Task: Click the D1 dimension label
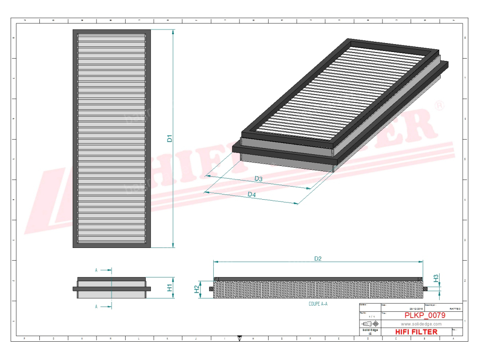[x=170, y=139]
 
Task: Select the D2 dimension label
[x=318, y=258]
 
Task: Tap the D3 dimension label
[x=258, y=179]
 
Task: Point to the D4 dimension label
[x=252, y=195]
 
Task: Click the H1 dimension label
[x=170, y=287]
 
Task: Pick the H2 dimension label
[x=197, y=290]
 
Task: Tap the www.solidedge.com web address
[x=421, y=324]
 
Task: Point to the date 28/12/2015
[x=416, y=309]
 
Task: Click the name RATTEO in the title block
[x=455, y=309]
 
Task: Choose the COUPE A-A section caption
[x=318, y=304]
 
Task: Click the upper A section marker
[x=96, y=270]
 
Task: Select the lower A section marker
[x=96, y=307]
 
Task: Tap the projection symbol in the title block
[x=370, y=324]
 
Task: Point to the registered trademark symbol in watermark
[x=440, y=106]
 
